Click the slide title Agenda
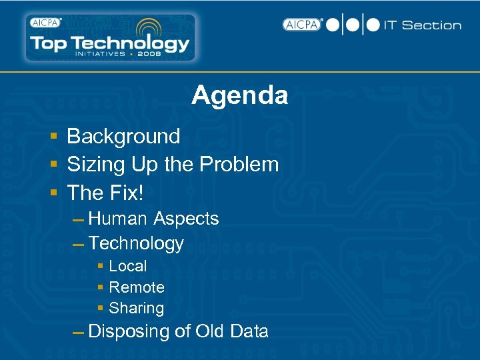pyautogui.click(x=239, y=95)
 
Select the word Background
pyautogui.click(x=123, y=136)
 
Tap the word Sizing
pyautogui.click(x=95, y=164)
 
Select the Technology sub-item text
pyautogui.click(x=135, y=243)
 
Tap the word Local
pyautogui.click(x=127, y=266)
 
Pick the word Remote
pyautogui.click(x=136, y=287)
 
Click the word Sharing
pyautogui.click(x=136, y=308)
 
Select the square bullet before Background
pyautogui.click(x=54, y=137)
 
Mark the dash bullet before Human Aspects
pyautogui.click(x=78, y=220)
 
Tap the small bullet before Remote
pyautogui.click(x=100, y=287)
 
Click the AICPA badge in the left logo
pyautogui.click(x=45, y=22)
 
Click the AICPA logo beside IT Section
pyautogui.click(x=302, y=25)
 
